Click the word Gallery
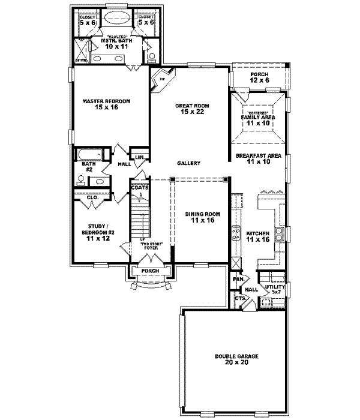pos(188,164)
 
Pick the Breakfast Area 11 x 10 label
pos(259,158)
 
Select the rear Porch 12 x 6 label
pos(259,77)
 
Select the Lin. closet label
pos(139,158)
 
